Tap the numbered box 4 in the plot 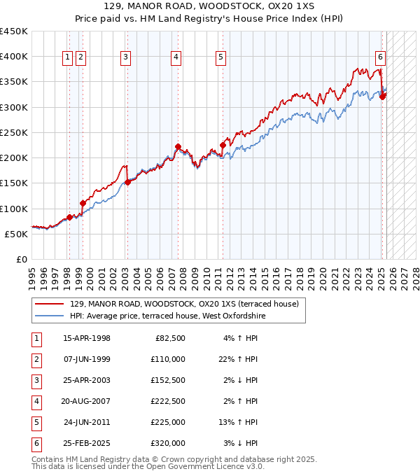coord(176,57)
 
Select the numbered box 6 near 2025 coord(379,57)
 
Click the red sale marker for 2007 coord(178,147)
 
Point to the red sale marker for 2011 coord(223,146)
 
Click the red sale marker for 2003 coord(127,182)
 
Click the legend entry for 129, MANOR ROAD coord(184,304)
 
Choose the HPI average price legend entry coord(167,316)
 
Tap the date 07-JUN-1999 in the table coord(86,359)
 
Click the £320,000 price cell coord(167,443)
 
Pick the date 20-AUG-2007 coord(86,401)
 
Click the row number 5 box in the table coord(35,422)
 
